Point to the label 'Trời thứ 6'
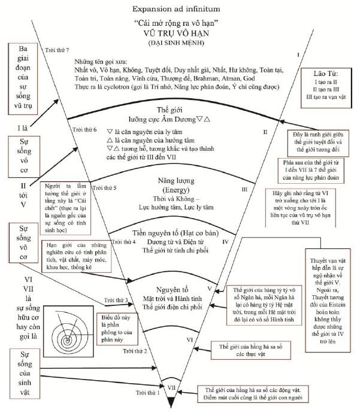[x=84, y=129]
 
